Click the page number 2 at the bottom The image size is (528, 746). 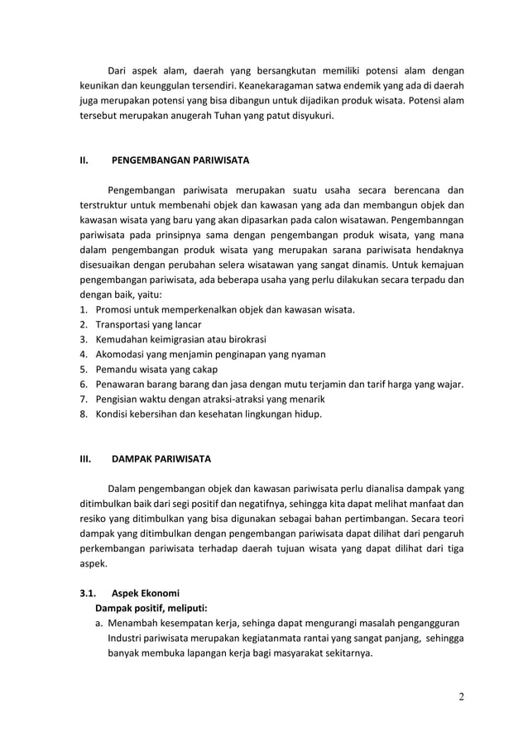point(461,696)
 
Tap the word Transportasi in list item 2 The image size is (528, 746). point(123,324)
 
